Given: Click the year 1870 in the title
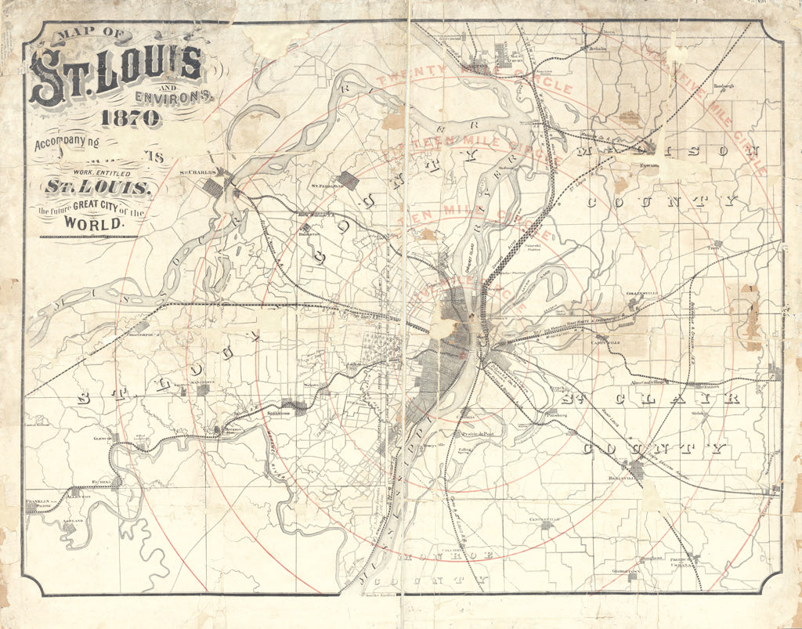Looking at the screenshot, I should click(130, 118).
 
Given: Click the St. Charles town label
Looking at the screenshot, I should click(197, 172).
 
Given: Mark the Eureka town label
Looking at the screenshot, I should click(104, 483).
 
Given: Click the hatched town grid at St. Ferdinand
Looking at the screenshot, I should click(348, 180).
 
